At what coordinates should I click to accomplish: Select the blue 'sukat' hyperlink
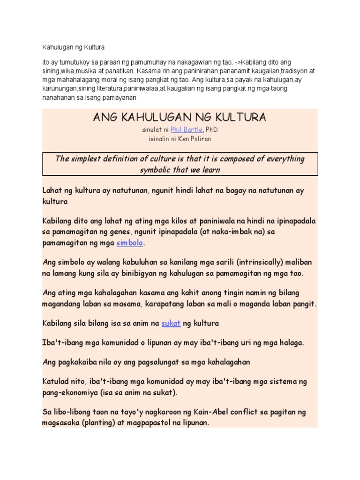coord(171,323)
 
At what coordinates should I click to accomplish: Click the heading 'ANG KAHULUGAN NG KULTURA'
coord(180,117)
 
